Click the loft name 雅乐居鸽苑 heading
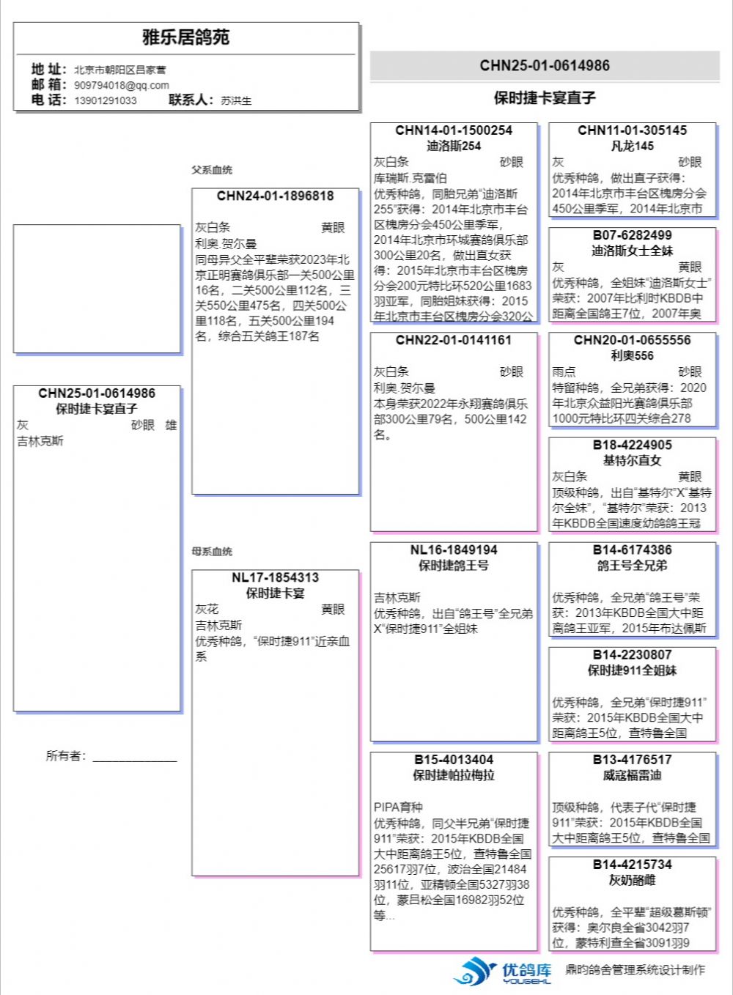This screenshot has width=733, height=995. click(x=185, y=37)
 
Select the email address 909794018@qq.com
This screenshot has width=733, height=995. click(x=121, y=85)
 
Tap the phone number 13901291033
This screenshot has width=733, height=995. click(x=105, y=100)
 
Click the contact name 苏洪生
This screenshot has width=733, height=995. click(x=236, y=100)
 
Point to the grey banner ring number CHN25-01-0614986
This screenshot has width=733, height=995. click(x=545, y=65)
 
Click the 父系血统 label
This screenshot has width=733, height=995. click(x=212, y=170)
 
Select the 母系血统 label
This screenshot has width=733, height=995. click(x=212, y=552)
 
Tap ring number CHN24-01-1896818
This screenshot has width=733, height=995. click(x=275, y=196)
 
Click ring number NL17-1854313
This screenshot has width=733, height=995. click(x=275, y=577)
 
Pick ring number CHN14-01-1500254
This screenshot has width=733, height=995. click(x=454, y=130)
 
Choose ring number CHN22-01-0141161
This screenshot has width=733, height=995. click(x=454, y=340)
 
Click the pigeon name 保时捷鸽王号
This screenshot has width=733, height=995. click(x=454, y=566)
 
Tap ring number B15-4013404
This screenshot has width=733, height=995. click(x=454, y=760)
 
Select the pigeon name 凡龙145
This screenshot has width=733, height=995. click(x=632, y=146)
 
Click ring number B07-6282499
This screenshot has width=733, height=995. click(x=632, y=235)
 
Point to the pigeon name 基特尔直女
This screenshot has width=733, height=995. click(x=632, y=460)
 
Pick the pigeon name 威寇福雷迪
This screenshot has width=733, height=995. click(x=632, y=775)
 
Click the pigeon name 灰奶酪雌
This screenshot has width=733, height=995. click(x=632, y=880)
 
